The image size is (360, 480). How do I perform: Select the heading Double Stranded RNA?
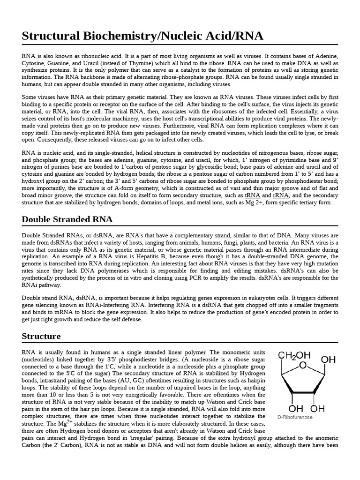point(67,219)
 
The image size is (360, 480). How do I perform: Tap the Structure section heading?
point(41,336)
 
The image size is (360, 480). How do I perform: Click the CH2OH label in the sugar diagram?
point(294,356)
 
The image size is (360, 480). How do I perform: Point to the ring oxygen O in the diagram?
point(303,365)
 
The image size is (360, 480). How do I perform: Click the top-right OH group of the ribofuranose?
point(328,360)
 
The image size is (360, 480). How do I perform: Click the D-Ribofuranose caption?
point(295,417)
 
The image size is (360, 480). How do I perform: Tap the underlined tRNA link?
point(253,195)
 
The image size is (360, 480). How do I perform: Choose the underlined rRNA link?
point(280,195)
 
